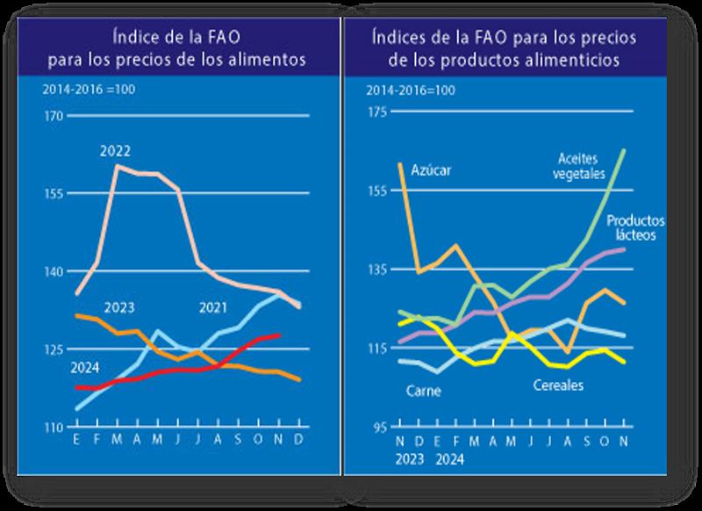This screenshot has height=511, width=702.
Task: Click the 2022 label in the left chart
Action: click(116, 151)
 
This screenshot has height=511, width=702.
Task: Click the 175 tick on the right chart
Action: click(377, 111)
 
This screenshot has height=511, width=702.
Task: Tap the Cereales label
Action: click(559, 385)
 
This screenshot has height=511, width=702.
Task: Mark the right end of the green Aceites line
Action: click(624, 150)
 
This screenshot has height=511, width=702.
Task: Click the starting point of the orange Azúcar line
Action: click(400, 163)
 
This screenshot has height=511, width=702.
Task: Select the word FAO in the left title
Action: click(213, 39)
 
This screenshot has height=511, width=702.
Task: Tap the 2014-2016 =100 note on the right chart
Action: click(411, 90)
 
